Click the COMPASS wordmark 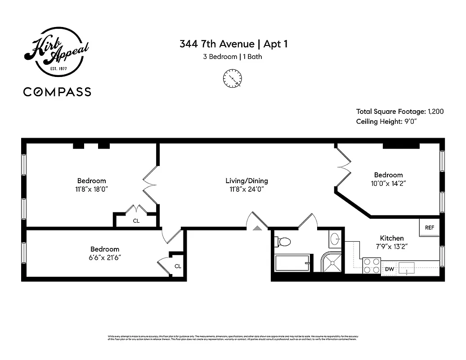[x=57, y=92]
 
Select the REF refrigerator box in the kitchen [x=430, y=228]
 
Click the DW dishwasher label [x=389, y=269]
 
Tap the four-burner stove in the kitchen [x=372, y=265]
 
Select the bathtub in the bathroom [x=293, y=263]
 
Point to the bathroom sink [x=335, y=239]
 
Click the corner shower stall [x=332, y=263]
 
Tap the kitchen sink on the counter [x=409, y=268]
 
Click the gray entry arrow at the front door [x=257, y=228]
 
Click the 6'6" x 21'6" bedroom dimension [x=105, y=257]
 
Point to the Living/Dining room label [x=246, y=181]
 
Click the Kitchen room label [x=392, y=238]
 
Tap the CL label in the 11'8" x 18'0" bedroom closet [x=136, y=221]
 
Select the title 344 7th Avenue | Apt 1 [x=233, y=44]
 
